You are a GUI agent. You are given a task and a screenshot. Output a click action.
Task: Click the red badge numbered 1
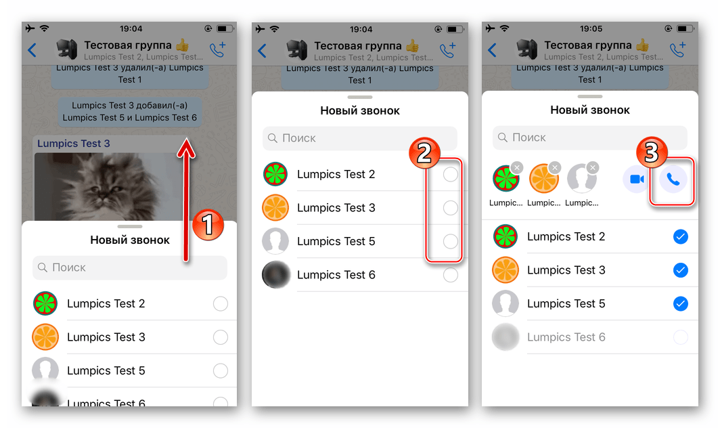pos(208,225)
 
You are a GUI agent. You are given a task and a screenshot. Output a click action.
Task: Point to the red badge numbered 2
pos(424,152)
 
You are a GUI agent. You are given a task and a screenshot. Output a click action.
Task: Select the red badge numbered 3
pos(652,152)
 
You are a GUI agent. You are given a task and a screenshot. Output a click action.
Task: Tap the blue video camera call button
pos(636,179)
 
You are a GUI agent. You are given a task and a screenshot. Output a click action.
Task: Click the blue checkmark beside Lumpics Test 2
pos(681,237)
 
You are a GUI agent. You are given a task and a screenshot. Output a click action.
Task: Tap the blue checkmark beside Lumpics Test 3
pos(681,270)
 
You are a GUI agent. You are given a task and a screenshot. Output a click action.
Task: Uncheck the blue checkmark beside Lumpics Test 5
pos(681,304)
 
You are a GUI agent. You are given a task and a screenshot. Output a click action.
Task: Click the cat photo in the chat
pos(110,187)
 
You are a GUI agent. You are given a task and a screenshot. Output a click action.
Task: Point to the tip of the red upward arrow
pos(186,137)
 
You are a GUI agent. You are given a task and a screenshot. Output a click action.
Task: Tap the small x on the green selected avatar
pos(517,167)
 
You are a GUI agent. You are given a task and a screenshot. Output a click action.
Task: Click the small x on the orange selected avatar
pos(555,167)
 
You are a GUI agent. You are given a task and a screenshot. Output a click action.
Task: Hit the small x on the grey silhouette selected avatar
pos(593,167)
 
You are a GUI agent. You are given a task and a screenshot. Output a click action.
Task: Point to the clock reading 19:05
pos(591,28)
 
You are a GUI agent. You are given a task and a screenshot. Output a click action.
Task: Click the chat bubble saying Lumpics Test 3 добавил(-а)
pos(129,112)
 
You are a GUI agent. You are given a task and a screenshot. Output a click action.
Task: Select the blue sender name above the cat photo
pos(74,144)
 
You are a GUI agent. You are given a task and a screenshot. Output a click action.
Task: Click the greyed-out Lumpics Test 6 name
pos(566,337)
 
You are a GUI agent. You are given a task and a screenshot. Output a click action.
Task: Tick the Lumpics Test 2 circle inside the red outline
pos(451,175)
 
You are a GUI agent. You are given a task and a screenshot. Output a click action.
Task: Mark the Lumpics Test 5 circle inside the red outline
pos(451,241)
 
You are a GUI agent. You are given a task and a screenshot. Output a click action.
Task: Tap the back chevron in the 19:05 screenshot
pos(492,49)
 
